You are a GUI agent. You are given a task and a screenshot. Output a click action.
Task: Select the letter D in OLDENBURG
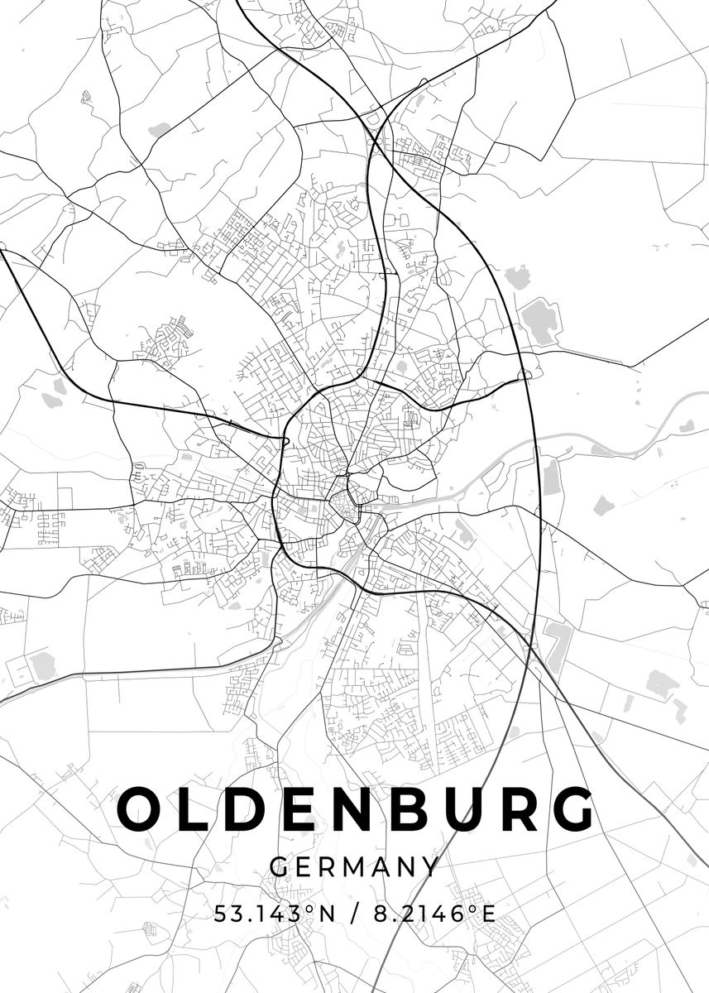click(x=252, y=809)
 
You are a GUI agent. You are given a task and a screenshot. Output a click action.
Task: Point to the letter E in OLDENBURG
click(x=309, y=809)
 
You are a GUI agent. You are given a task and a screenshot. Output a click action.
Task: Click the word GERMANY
click(x=354, y=867)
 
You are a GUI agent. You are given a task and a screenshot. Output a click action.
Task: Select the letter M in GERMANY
click(x=356, y=867)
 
